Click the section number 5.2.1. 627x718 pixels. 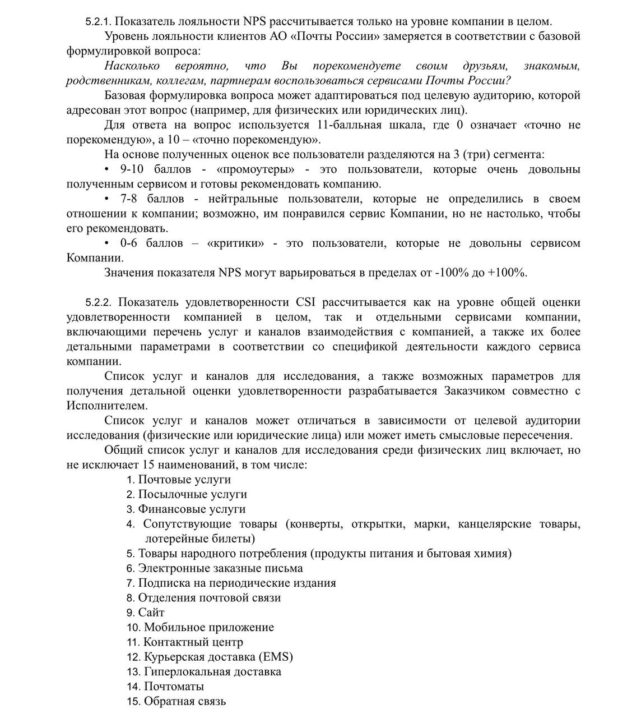point(99,22)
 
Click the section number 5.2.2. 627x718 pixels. point(99,303)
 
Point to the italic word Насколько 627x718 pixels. point(132,66)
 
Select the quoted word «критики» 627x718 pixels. point(236,243)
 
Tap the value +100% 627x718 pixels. point(507,273)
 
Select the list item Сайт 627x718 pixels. point(151,613)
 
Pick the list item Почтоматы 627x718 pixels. point(174,686)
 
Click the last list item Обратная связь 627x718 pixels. point(185,701)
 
